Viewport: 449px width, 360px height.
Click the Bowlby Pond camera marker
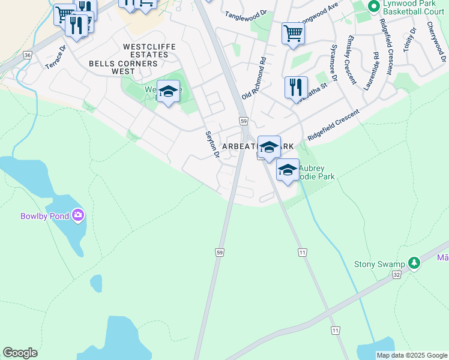coord(77,215)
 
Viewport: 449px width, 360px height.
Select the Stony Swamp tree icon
coord(413,263)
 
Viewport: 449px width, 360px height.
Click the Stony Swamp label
coord(379,264)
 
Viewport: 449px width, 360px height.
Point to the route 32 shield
coord(396,274)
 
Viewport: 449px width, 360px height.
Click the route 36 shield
coord(28,55)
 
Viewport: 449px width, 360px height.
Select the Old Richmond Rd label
coord(255,79)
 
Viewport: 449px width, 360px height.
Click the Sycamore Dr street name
coord(333,62)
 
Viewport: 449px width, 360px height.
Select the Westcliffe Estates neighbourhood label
coord(145,50)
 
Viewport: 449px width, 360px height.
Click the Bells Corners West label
coord(112,67)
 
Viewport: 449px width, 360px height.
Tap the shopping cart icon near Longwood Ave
coord(293,33)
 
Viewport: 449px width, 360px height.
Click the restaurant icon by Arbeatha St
coord(296,87)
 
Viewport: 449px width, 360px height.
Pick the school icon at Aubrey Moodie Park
coord(288,170)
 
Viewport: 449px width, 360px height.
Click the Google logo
coord(20,353)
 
